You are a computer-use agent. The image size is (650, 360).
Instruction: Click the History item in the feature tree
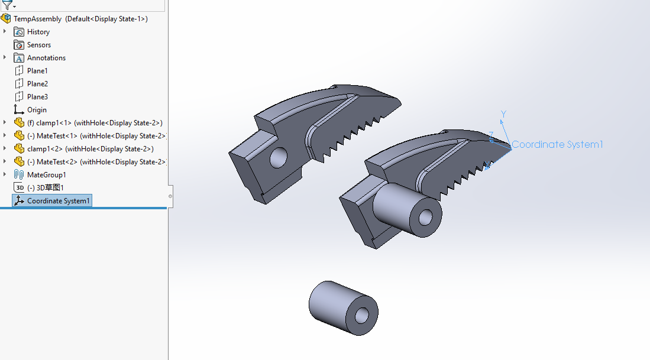[x=38, y=32]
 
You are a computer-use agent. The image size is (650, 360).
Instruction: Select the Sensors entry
[x=39, y=45]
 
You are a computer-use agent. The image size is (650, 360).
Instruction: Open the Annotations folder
[x=46, y=58]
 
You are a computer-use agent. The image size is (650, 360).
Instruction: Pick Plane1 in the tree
[x=37, y=71]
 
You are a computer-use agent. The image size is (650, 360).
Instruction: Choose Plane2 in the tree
[x=37, y=84]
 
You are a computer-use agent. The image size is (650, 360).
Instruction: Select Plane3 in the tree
[x=37, y=97]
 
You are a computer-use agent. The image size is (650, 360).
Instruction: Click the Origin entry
[x=37, y=110]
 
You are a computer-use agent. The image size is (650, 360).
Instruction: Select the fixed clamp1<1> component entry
[x=95, y=123]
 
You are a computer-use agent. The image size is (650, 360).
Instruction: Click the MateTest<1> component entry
[x=96, y=136]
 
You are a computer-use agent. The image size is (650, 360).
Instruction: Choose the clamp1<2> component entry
[x=90, y=149]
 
